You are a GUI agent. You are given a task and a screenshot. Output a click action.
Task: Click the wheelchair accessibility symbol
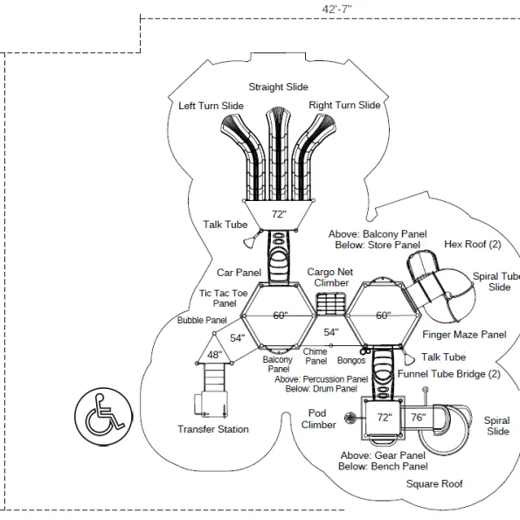(x=103, y=417)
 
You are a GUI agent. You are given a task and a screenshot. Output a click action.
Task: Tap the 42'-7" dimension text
(x=337, y=9)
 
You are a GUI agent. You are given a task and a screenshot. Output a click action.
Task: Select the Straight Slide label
(x=279, y=87)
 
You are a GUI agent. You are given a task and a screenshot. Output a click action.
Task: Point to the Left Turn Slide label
(x=211, y=106)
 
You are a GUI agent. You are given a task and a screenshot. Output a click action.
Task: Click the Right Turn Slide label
(x=344, y=105)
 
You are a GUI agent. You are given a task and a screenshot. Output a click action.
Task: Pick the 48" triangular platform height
(x=215, y=355)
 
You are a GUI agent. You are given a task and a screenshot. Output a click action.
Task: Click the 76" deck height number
(x=419, y=417)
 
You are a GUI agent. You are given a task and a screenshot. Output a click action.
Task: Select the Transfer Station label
(x=213, y=429)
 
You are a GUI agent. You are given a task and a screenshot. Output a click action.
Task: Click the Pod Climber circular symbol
(x=350, y=419)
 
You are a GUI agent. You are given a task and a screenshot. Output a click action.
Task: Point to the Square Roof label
(x=434, y=484)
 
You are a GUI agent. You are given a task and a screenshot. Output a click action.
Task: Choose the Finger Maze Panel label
(x=464, y=335)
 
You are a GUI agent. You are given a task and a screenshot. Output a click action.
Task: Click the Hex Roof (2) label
(x=473, y=245)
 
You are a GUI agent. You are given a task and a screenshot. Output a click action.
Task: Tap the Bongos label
(x=351, y=360)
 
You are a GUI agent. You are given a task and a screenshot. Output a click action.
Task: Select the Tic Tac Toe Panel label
(x=224, y=298)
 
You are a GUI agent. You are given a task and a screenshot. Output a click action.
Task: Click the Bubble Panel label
(x=202, y=321)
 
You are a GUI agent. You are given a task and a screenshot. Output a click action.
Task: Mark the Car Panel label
(x=239, y=273)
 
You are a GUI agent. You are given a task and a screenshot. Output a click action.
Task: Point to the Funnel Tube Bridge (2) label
(x=449, y=374)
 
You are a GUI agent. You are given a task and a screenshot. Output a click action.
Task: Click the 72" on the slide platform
(x=280, y=214)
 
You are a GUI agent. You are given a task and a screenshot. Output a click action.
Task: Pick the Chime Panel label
(x=315, y=357)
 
